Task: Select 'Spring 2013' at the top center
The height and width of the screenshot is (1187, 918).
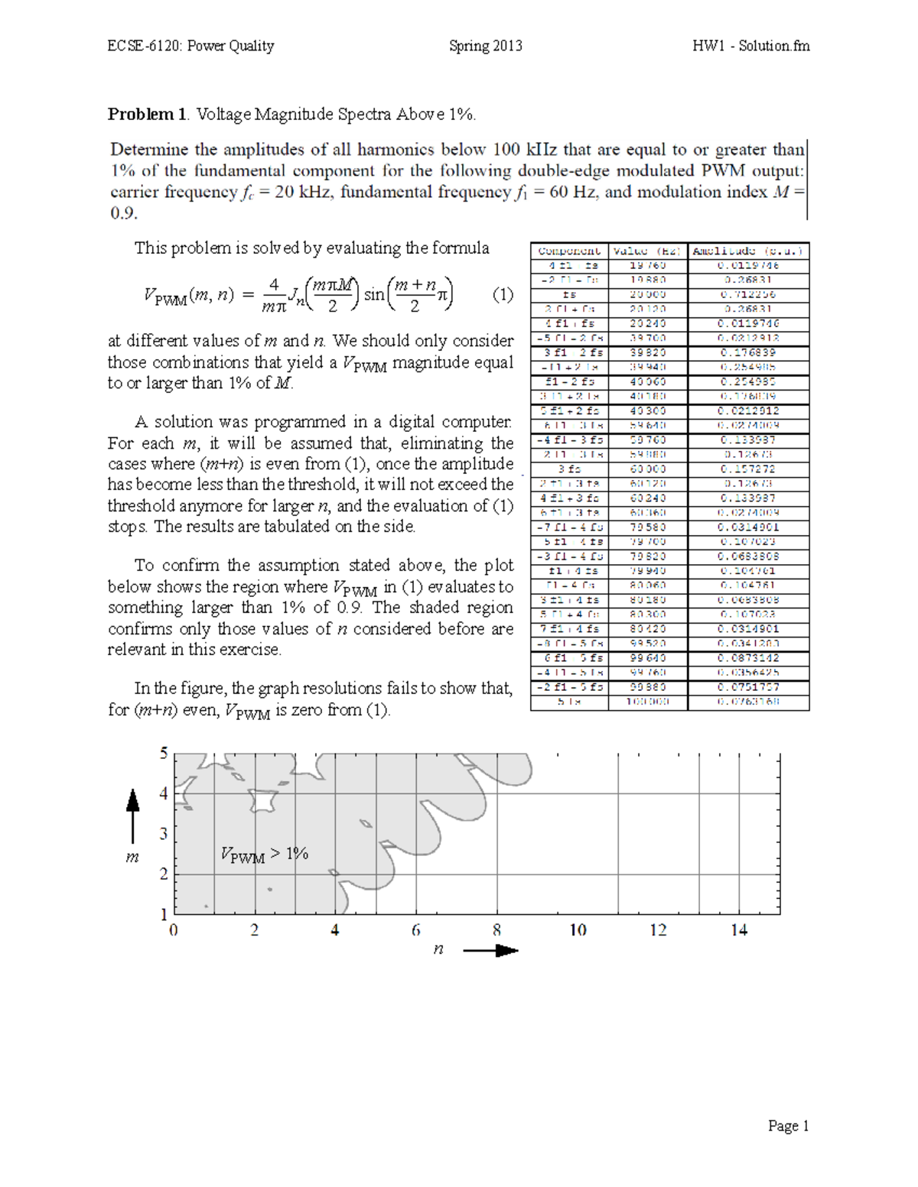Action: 485,46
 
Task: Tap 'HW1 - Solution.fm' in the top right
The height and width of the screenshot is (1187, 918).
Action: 750,46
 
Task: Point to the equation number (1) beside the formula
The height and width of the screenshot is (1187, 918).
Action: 503,294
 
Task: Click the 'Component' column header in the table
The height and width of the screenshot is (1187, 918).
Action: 569,251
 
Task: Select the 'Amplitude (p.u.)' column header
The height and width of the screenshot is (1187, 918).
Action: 748,251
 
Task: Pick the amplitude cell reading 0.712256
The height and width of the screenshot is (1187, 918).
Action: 748,294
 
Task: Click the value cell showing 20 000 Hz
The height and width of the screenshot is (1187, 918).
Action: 647,294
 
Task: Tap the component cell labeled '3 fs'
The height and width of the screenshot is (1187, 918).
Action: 569,469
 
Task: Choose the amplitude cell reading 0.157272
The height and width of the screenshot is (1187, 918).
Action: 748,469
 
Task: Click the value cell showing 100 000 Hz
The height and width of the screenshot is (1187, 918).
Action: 647,701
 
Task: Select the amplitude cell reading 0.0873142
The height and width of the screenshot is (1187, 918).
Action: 748,657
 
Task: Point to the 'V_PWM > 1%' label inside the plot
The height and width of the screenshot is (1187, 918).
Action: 264,855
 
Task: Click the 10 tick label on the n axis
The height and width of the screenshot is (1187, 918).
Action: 578,930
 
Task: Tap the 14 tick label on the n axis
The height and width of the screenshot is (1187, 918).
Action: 739,930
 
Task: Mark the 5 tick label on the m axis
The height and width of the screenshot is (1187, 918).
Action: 163,754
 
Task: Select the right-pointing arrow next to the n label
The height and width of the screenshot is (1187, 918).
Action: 490,951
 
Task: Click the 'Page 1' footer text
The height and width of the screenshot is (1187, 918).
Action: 788,1126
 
